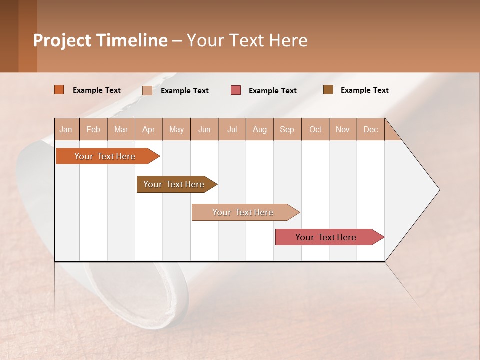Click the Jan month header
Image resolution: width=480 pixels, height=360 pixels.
(x=66, y=129)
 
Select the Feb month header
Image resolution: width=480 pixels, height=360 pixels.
(x=93, y=129)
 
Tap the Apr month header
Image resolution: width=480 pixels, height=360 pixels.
(x=148, y=129)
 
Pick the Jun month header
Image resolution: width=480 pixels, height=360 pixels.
(x=204, y=129)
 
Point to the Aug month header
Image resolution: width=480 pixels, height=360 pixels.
(x=259, y=129)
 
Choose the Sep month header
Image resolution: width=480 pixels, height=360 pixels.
(x=287, y=129)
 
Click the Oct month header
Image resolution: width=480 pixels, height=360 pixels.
(x=315, y=129)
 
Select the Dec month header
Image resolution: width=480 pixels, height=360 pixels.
(x=370, y=129)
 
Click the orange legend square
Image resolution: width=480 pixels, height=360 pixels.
(x=59, y=90)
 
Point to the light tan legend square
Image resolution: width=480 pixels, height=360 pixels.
(x=147, y=90)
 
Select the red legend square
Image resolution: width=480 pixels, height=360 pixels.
(x=236, y=90)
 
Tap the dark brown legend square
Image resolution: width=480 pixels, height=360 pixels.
(x=328, y=90)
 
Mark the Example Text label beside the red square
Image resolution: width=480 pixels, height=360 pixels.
(x=272, y=91)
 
